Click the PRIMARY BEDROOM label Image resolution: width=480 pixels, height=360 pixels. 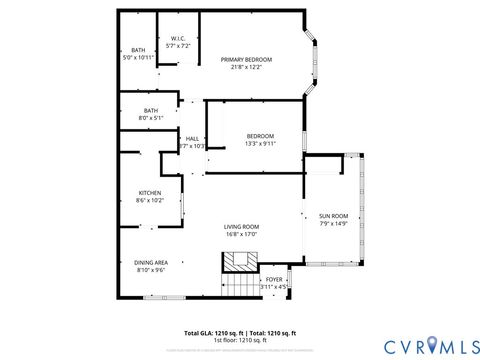pos(246,60)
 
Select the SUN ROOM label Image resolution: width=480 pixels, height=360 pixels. pos(333,216)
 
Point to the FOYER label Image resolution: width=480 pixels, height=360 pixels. pos(274,279)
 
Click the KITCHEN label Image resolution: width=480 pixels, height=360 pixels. pos(150,193)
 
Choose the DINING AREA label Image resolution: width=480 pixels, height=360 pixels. pos(151,262)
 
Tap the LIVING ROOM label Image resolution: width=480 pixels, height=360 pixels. pos(241,226)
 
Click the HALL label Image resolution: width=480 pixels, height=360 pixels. pos(192,138)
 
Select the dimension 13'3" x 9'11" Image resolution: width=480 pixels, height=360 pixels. pos(260,144)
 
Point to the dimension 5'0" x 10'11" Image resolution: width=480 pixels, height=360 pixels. pos(138,58)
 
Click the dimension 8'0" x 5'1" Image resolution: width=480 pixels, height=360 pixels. pos(151,118)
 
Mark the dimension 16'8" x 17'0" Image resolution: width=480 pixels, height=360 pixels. pos(241,235)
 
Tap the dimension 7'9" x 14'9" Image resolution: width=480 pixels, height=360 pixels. pos(333,224)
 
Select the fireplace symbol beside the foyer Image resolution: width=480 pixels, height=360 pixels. pos(239,262)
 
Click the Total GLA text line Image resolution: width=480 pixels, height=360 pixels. pos(240,332)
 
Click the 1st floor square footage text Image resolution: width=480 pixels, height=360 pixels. pos(240,339)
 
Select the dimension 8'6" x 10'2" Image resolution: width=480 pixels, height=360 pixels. pos(150,201)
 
